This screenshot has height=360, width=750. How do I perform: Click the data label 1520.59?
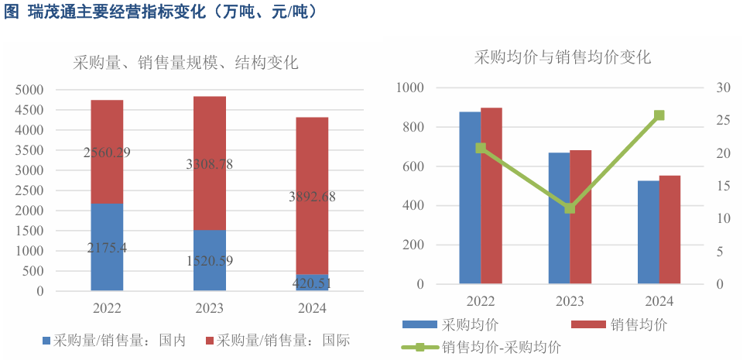(x=209, y=260)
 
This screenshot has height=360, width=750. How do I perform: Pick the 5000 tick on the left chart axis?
(x=29, y=90)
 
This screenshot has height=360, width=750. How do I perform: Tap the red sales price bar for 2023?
(x=580, y=217)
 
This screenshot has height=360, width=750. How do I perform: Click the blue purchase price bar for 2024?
(x=649, y=232)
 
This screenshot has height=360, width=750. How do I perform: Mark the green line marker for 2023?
(x=570, y=207)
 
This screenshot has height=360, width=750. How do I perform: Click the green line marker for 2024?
(x=659, y=115)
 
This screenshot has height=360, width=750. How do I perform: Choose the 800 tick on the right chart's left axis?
(x=413, y=127)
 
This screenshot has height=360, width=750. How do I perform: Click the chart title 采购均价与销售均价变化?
(x=563, y=57)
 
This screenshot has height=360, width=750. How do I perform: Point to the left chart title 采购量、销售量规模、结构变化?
(x=186, y=63)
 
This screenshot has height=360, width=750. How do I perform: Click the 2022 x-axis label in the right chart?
(x=481, y=301)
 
